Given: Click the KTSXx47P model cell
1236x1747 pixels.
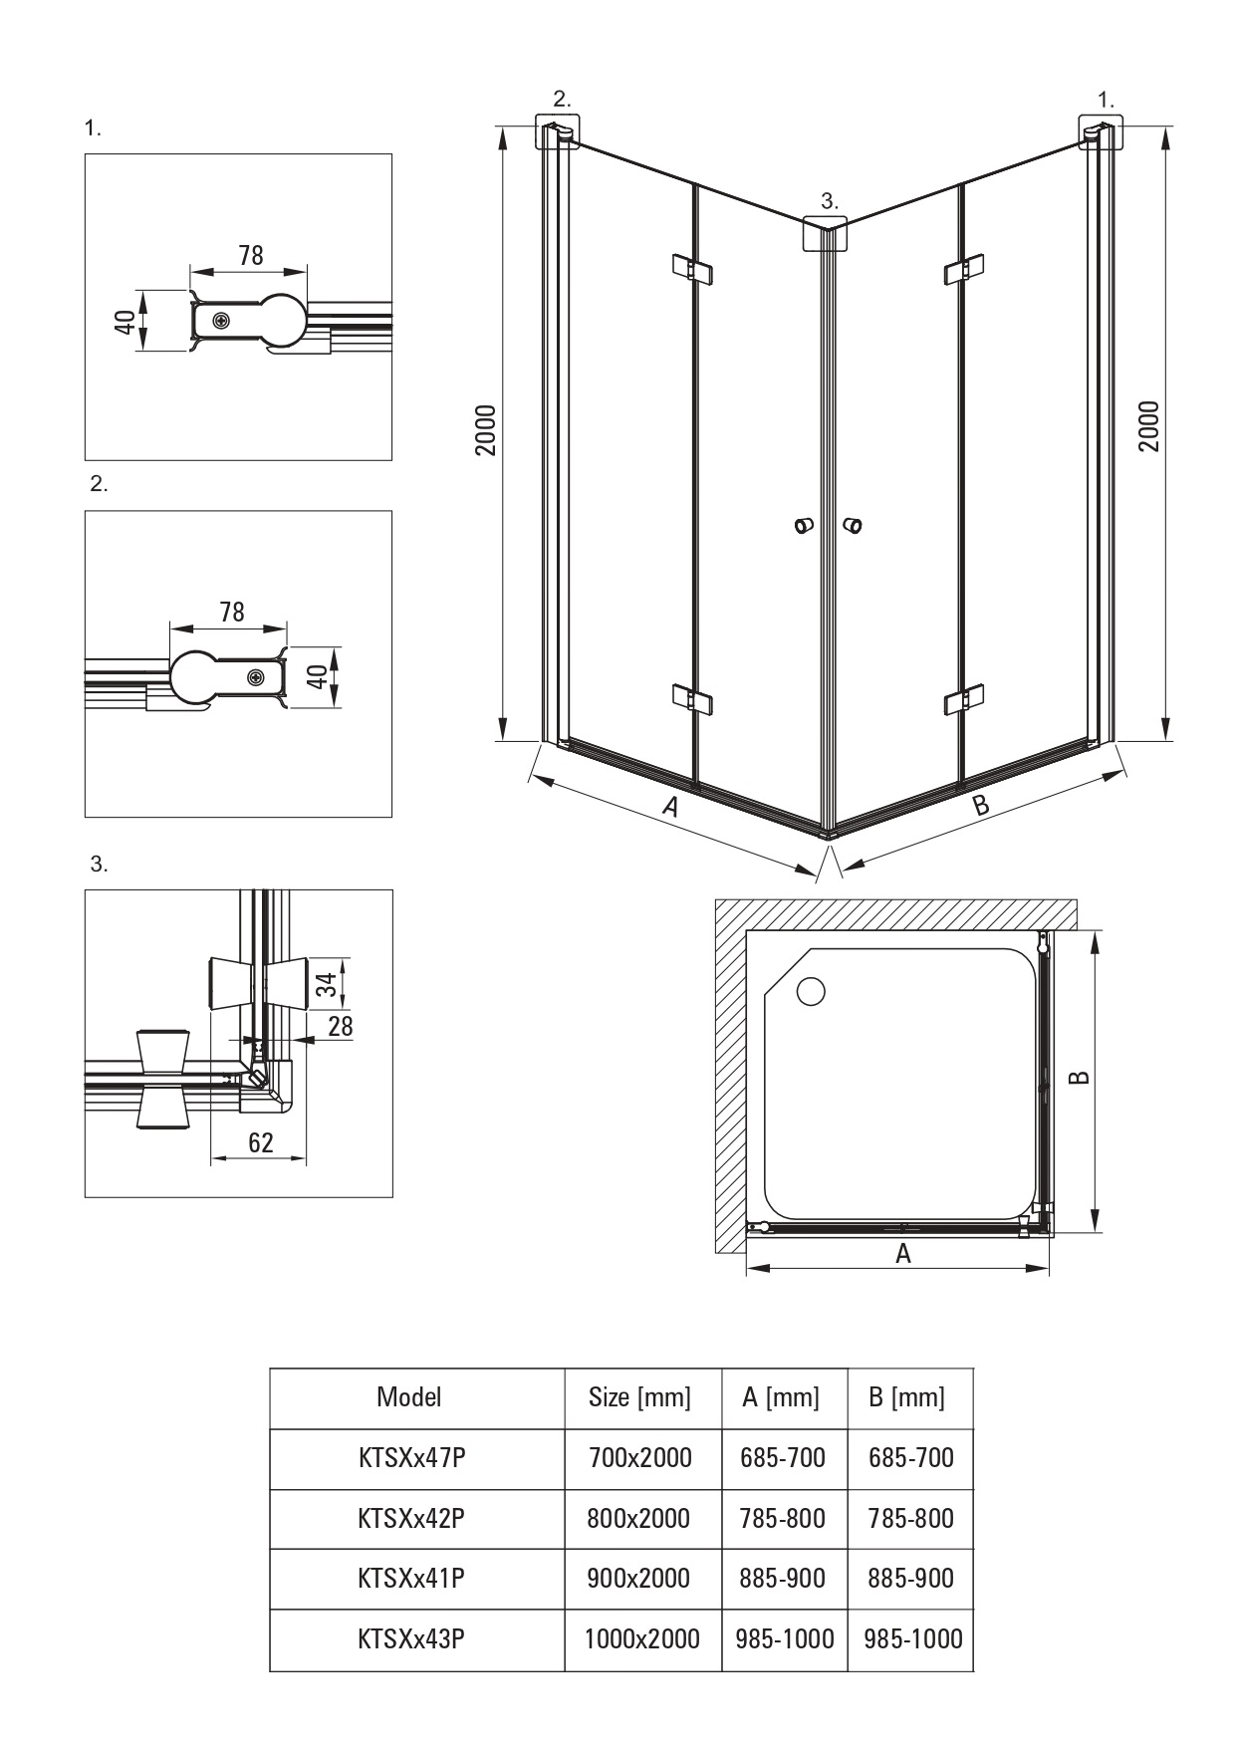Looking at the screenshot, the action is point(411,1458).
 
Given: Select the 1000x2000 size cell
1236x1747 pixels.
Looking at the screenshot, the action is point(641,1638).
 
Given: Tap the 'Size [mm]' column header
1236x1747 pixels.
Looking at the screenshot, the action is point(639,1397).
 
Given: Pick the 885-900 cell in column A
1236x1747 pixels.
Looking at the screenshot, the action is point(783,1578).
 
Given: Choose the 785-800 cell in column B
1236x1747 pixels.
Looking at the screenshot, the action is point(910,1518).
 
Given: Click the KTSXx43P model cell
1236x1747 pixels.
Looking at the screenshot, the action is point(411,1638).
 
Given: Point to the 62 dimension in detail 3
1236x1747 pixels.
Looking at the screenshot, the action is point(261,1142).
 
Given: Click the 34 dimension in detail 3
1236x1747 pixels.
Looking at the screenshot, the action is point(325,984).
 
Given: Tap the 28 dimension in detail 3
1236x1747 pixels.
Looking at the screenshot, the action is point(341,1026).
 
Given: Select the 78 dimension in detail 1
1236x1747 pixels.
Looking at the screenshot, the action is point(251,256).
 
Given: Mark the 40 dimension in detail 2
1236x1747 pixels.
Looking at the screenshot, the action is point(316,676).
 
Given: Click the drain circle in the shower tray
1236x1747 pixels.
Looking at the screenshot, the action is point(812,991).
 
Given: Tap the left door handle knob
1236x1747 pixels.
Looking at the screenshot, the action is point(803,525).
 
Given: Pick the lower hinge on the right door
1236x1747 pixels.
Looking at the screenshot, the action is point(963,700).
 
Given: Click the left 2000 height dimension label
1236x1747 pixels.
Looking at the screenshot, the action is point(484,430).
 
